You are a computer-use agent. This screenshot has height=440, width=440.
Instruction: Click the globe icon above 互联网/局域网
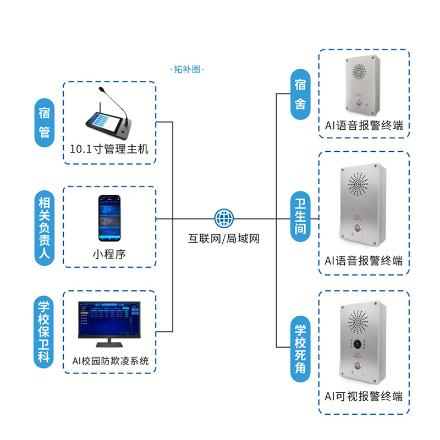point(224,218)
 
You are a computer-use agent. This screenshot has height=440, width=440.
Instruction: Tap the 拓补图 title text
point(186,70)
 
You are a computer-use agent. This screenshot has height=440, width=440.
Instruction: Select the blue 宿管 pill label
point(45,123)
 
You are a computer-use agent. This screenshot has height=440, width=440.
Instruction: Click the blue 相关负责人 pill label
point(45,226)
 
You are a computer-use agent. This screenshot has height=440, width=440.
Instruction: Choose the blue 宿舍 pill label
point(300,94)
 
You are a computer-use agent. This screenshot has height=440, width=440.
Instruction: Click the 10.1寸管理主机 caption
point(109,149)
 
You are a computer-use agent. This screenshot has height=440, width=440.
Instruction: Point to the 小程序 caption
point(109,254)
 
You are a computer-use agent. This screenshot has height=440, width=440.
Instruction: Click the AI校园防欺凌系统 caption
point(110,361)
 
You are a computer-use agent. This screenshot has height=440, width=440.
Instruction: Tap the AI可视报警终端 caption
point(364,396)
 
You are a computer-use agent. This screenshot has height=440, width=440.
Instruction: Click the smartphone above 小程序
point(109,218)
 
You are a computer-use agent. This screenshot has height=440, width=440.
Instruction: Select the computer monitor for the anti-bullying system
point(109,321)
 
